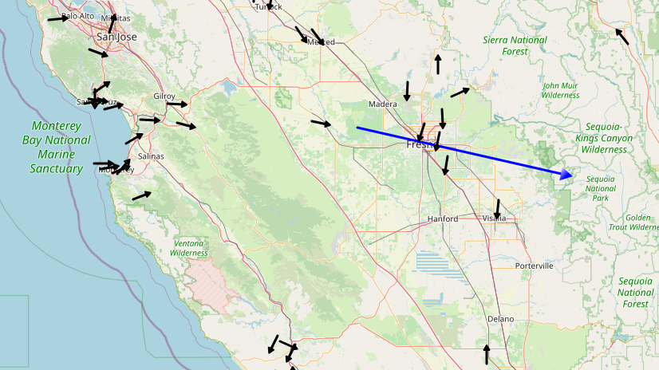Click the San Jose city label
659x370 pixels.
tap(116, 37)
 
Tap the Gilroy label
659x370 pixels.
tap(164, 96)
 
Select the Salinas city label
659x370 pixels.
tap(150, 156)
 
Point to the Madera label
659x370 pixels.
tap(382, 104)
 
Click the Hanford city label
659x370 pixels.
tap(443, 218)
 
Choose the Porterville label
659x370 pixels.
tap(535, 266)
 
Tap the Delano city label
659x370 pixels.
tap(500, 319)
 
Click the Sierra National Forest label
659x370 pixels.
tap(515, 45)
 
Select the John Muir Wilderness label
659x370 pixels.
tap(560, 90)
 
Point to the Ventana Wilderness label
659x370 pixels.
tap(189, 248)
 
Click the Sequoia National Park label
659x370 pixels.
tap(600, 188)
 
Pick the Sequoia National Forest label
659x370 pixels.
tap(635, 292)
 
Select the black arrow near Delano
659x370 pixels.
tap(487, 353)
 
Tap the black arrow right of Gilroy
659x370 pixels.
tap(177, 104)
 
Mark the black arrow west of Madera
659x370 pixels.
tap(322, 124)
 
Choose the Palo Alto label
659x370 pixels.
tap(77, 16)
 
